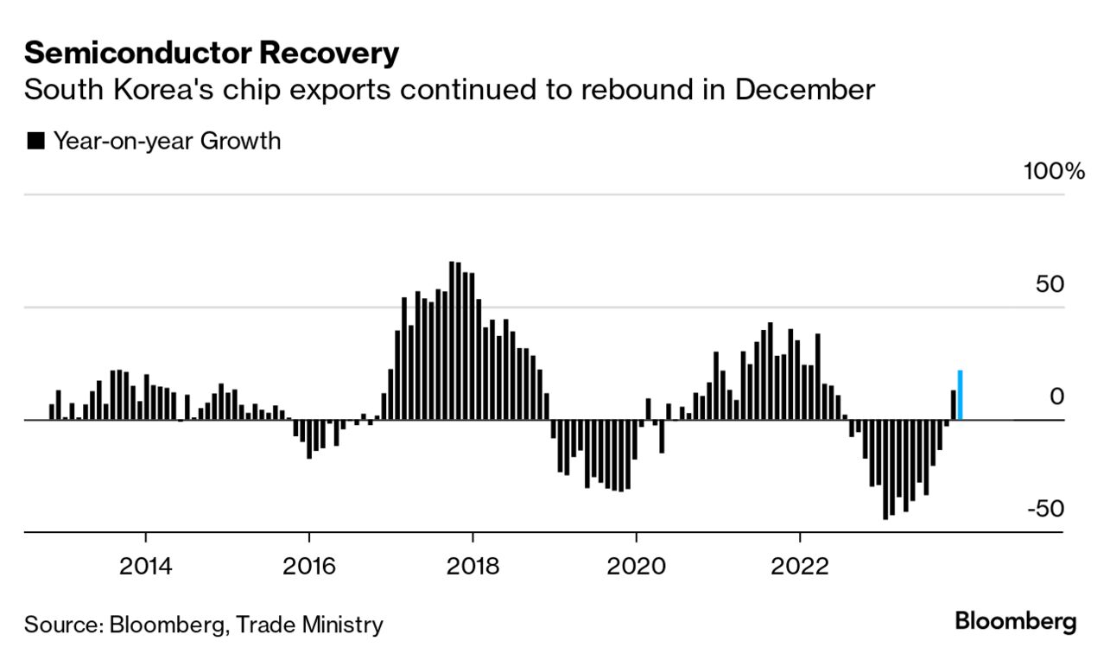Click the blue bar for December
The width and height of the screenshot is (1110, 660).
(x=960, y=395)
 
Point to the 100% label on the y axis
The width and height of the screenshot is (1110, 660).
(x=1054, y=171)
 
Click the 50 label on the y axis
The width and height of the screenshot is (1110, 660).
(x=1050, y=284)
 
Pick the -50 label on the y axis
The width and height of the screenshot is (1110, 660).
(x=1045, y=508)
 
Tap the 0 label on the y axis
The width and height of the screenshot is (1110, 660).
(x=1057, y=397)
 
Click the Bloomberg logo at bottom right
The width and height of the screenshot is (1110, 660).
(x=1015, y=621)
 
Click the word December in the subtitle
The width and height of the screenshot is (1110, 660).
(x=804, y=90)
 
